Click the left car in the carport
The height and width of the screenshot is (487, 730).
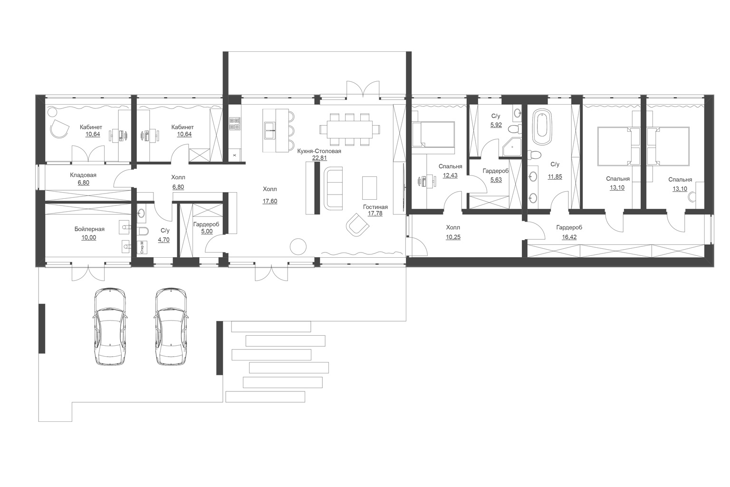click(110, 327)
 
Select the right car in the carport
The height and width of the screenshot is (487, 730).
click(171, 327)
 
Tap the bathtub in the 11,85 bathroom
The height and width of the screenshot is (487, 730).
click(542, 127)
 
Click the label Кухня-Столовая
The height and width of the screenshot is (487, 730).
click(319, 151)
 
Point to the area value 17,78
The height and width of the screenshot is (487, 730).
click(375, 214)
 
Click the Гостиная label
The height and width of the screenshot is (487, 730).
click(375, 207)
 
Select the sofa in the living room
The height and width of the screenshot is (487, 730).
click(333, 188)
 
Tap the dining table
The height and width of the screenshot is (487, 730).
click(350, 129)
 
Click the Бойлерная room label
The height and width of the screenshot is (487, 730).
click(89, 229)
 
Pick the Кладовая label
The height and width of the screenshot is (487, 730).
click(83, 175)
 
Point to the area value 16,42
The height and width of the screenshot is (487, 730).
click(569, 237)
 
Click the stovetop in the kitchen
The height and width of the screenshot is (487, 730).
click(235, 124)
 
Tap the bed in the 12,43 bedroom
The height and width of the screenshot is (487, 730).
click(433, 134)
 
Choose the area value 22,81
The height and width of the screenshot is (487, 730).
click(319, 158)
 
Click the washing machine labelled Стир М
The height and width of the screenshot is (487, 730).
click(142, 247)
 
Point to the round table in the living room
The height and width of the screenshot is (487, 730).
click(298, 246)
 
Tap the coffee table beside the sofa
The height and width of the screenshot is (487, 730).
click(370, 187)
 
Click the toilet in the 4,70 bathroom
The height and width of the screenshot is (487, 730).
click(144, 231)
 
